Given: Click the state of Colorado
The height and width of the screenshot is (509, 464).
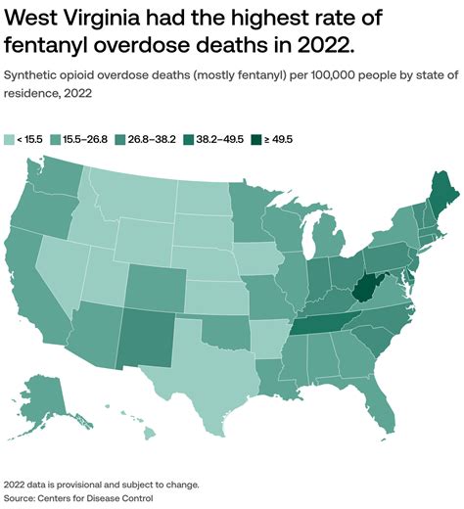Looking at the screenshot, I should coord(152,284).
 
